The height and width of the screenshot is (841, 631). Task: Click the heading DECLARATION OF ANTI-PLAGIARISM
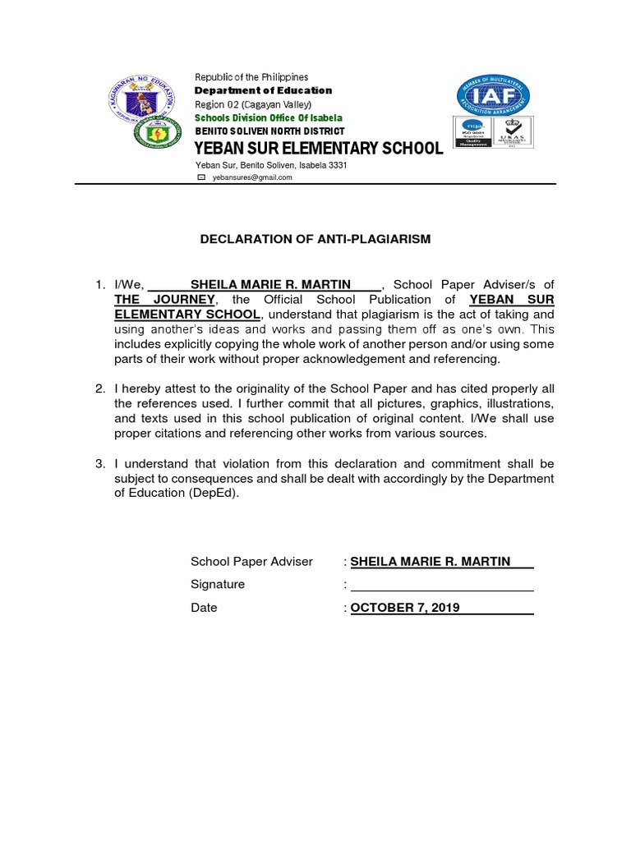tap(316, 239)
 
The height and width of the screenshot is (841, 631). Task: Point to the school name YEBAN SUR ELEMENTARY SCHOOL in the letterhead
tap(318, 149)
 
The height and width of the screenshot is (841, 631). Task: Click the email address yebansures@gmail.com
tap(253, 177)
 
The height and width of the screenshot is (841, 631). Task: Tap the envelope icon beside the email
tap(200, 177)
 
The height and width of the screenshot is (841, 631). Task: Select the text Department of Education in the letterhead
tap(263, 90)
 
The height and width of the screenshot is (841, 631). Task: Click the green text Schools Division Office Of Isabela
tap(268, 117)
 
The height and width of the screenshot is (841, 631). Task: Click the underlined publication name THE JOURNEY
tap(164, 300)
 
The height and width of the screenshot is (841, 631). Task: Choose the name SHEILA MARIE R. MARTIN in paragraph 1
tap(270, 285)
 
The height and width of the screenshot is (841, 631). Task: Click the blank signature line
tap(442, 585)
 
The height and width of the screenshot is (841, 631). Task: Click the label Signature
tap(218, 585)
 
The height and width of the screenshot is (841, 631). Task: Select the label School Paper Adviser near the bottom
tap(251, 562)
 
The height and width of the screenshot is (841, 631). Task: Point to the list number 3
tap(99, 464)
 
